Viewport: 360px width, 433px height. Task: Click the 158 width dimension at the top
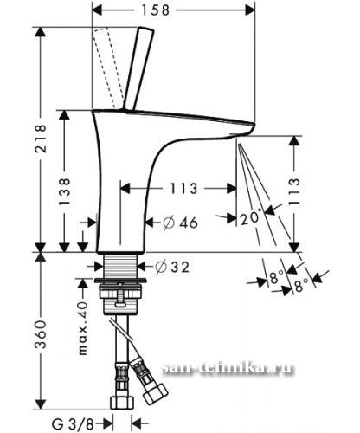tap(155, 10)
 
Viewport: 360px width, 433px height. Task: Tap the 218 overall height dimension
tap(40, 139)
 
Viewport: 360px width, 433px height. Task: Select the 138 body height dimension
tap(64, 191)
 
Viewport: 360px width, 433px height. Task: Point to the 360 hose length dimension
tap(40, 334)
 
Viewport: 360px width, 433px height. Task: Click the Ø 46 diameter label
tap(181, 223)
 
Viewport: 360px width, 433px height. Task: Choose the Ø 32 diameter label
tap(172, 267)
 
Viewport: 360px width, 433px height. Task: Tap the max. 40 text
tap(82, 328)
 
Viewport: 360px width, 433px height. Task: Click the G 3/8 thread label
tap(73, 424)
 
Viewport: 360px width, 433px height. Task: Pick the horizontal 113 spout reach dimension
tap(183, 189)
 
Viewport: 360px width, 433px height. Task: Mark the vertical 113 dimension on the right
tap(294, 191)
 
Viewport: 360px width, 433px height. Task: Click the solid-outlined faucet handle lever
tap(138, 68)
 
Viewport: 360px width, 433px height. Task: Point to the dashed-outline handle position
tap(108, 68)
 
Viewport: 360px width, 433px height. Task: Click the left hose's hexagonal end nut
tap(122, 403)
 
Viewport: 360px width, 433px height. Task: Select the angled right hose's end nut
tap(156, 393)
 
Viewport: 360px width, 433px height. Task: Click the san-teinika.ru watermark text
tap(228, 368)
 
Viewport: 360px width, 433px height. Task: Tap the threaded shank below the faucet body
tap(120, 266)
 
